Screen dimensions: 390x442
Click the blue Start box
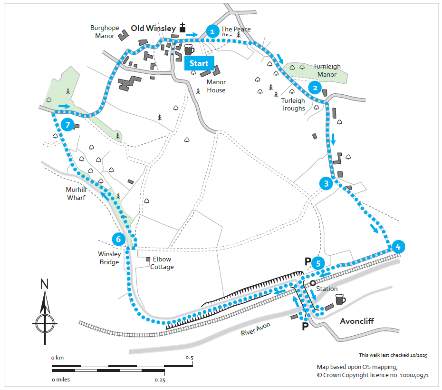199,63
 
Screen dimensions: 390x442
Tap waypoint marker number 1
212,31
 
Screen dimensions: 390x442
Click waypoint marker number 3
326,183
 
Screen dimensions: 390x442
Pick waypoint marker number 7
67,125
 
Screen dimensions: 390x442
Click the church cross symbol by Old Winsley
183,28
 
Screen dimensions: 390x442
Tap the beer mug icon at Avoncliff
340,300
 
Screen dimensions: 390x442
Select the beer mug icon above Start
189,49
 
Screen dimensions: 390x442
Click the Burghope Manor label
103,32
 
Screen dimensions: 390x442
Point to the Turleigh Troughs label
293,104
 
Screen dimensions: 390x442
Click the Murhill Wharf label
76,193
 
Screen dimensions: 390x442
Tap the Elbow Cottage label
162,263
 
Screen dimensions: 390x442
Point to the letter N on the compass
44,285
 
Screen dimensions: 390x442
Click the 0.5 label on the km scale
189,358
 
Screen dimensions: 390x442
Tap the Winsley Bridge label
109,258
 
